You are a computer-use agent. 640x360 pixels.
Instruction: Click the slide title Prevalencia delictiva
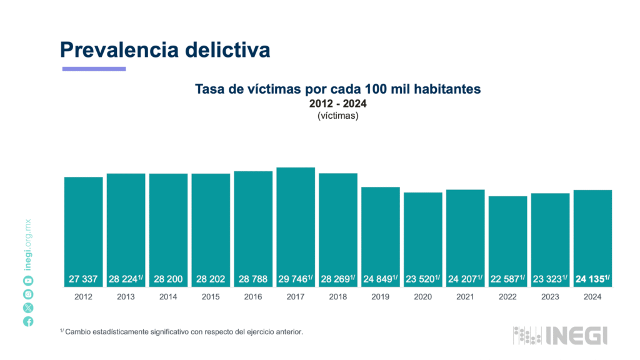click(x=165, y=49)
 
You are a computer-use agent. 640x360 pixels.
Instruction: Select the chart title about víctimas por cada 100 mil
click(x=337, y=89)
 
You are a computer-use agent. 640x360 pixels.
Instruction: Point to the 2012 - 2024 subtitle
click(x=337, y=104)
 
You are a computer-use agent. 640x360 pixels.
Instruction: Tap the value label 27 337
click(x=83, y=279)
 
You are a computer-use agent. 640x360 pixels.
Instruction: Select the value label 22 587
click(x=506, y=279)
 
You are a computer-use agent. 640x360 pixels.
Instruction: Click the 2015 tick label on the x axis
click(x=211, y=297)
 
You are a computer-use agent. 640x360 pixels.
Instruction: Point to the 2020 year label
click(x=422, y=297)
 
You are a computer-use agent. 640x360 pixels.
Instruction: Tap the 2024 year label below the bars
click(x=592, y=297)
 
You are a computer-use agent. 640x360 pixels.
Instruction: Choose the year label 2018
click(x=337, y=297)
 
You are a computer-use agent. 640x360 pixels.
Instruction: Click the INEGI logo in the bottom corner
click(x=560, y=336)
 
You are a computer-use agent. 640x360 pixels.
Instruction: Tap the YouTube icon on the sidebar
click(x=28, y=281)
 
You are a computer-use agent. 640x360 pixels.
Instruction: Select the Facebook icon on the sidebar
click(x=28, y=321)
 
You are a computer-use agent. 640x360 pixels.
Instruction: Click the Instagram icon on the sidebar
click(x=28, y=294)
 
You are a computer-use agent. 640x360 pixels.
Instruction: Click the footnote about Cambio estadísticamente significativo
click(x=181, y=332)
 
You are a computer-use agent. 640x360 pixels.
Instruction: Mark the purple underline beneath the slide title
click(x=94, y=69)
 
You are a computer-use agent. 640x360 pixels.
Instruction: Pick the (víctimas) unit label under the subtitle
click(x=337, y=116)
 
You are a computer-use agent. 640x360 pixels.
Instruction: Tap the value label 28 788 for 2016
click(x=253, y=279)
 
